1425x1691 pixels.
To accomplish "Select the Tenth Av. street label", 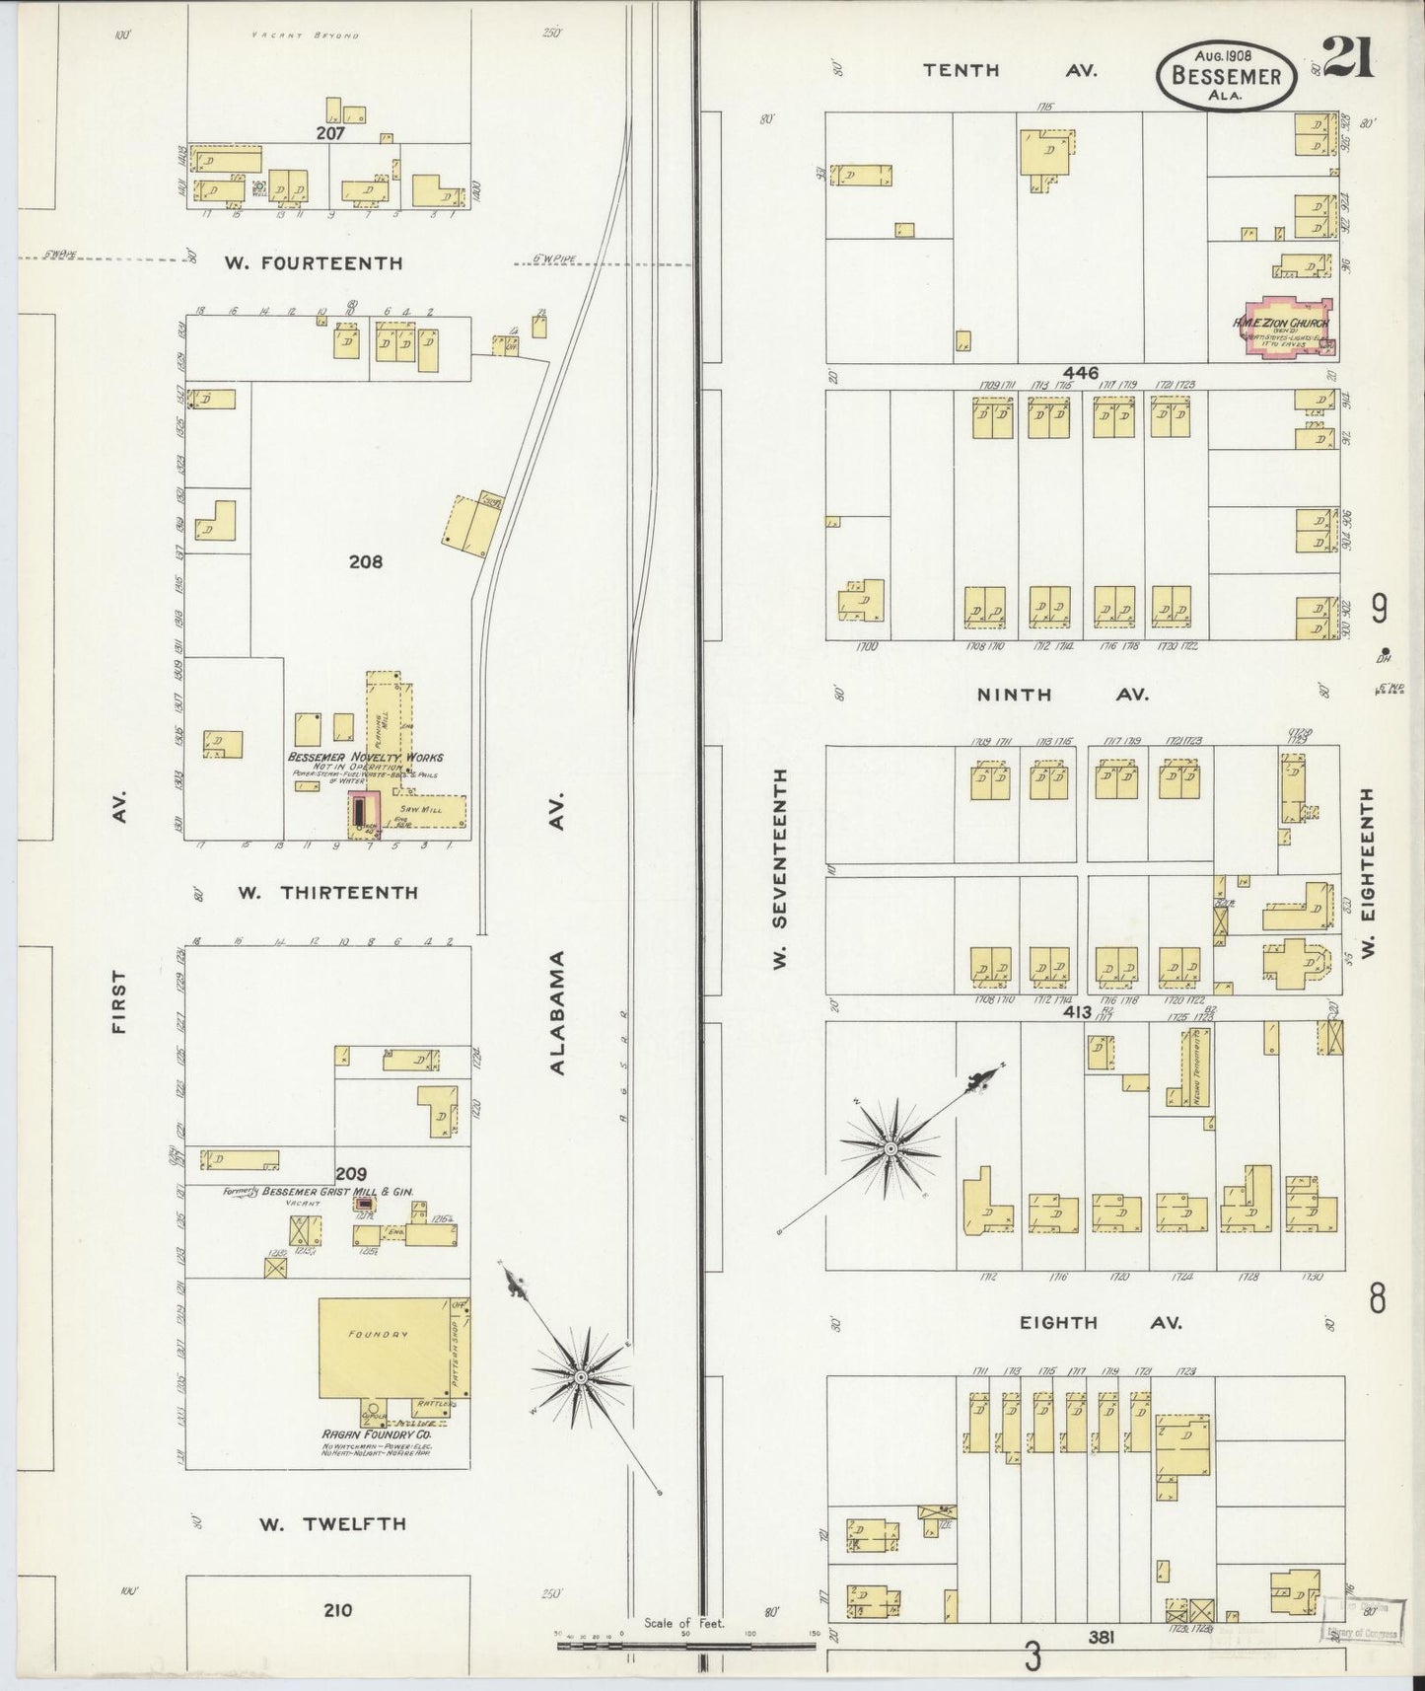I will pos(1010,70).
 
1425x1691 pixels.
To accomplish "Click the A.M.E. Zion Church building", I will pos(1285,328).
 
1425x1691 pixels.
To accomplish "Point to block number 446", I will pos(1081,373).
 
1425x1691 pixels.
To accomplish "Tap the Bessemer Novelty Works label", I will pos(365,757).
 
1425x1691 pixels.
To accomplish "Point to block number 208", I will pos(365,562).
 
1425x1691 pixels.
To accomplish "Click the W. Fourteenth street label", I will pos(313,262).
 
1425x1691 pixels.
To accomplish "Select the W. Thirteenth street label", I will pos(327,892).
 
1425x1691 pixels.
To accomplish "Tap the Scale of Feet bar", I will pos(685,1646).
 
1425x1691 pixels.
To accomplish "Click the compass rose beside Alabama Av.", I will pos(581,1376).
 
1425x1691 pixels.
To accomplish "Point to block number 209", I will pos(351,1174).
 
